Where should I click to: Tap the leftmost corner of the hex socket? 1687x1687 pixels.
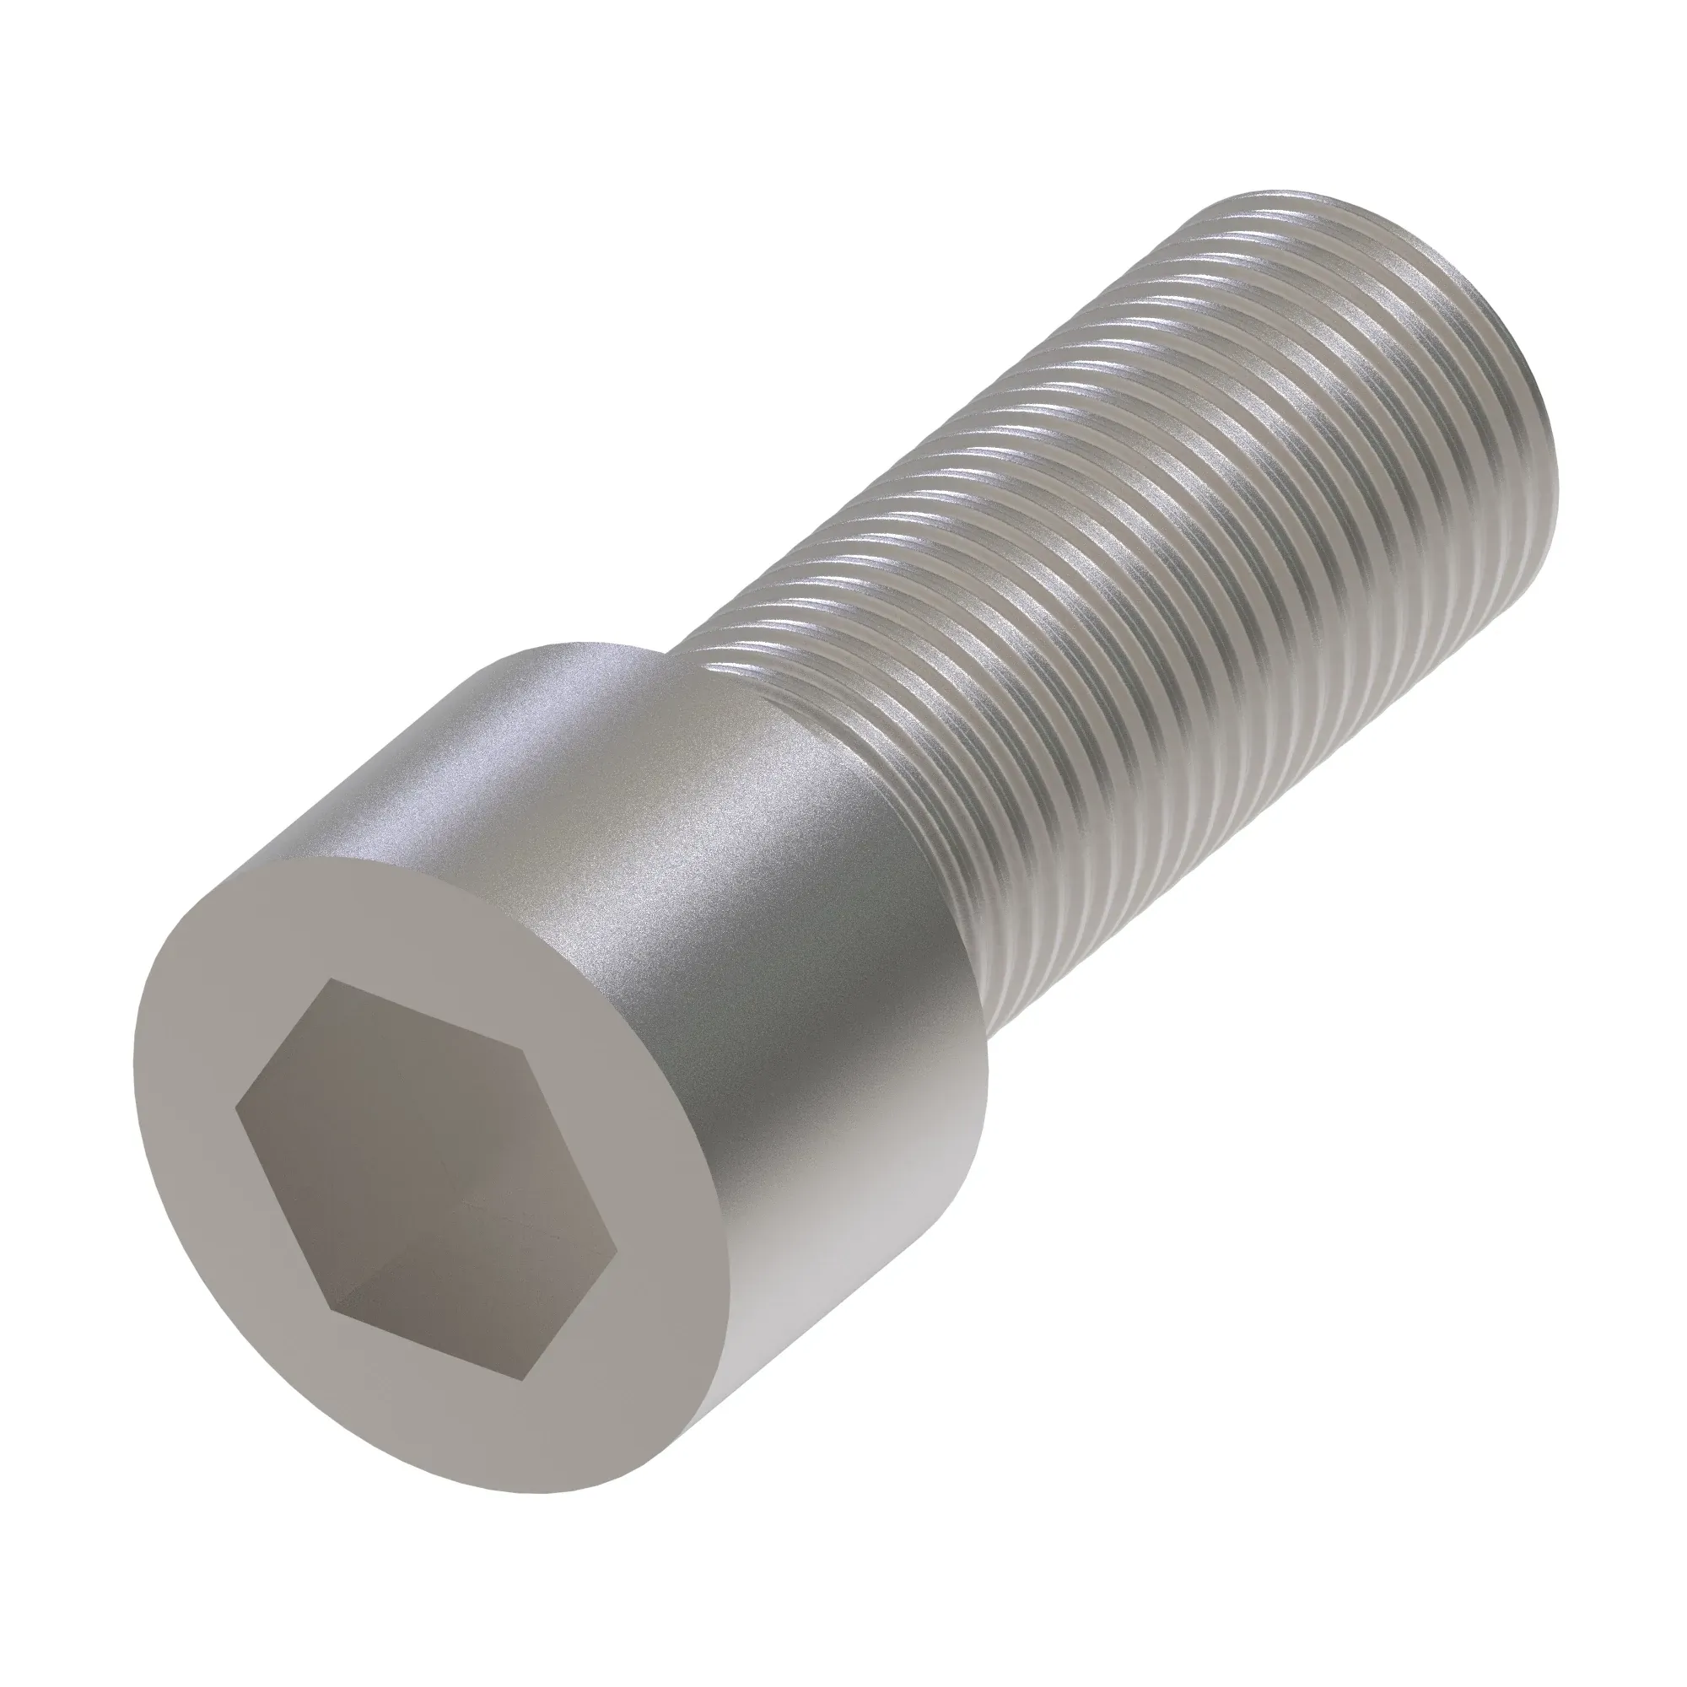click(237, 1111)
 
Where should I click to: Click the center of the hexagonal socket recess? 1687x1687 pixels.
click(428, 1181)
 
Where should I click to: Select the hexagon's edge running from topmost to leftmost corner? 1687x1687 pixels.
click(283, 1045)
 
